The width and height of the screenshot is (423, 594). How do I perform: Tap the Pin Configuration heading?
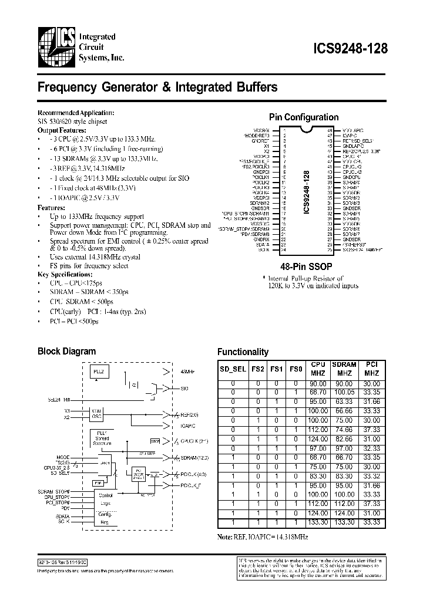(x=303, y=117)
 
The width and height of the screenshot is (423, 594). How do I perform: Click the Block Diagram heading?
(x=66, y=351)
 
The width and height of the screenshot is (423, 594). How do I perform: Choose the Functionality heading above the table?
(x=243, y=352)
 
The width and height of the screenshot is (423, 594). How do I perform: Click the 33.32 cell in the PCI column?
(x=372, y=475)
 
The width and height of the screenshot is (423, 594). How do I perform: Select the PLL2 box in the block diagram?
(x=99, y=372)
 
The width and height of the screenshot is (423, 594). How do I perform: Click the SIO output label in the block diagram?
(x=183, y=389)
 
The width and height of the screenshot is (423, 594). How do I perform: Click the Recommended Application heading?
(x=76, y=113)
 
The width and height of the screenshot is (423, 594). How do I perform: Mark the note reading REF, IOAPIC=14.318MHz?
(x=263, y=536)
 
